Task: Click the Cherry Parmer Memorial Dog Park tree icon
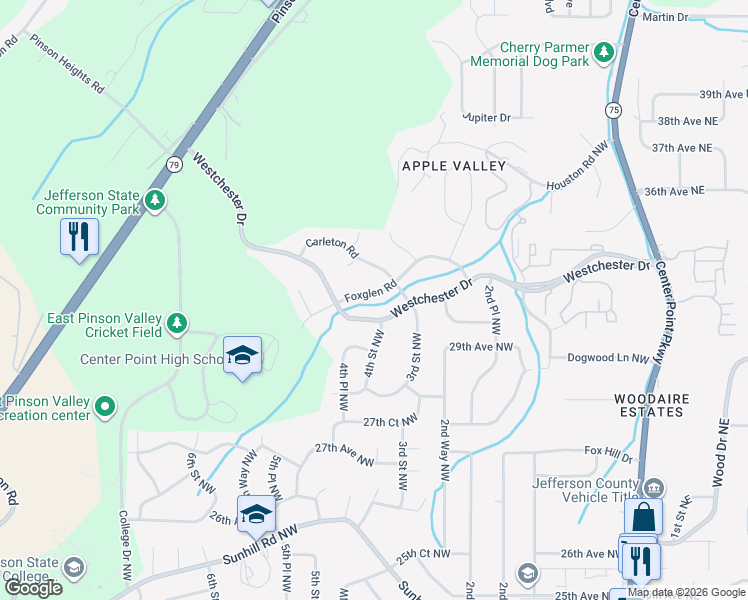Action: [x=604, y=51]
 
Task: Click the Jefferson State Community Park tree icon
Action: [x=154, y=199]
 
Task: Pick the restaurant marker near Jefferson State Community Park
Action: [x=79, y=238]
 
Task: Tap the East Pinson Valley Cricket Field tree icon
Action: [x=177, y=322]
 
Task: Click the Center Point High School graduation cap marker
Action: [x=242, y=356]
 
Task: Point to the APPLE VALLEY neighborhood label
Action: [x=453, y=165]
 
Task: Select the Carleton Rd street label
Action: [x=331, y=248]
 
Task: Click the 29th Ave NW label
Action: [x=480, y=347]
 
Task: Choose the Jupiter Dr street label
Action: [x=488, y=118]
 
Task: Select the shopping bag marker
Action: [x=643, y=518]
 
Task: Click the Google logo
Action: [x=33, y=588]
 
